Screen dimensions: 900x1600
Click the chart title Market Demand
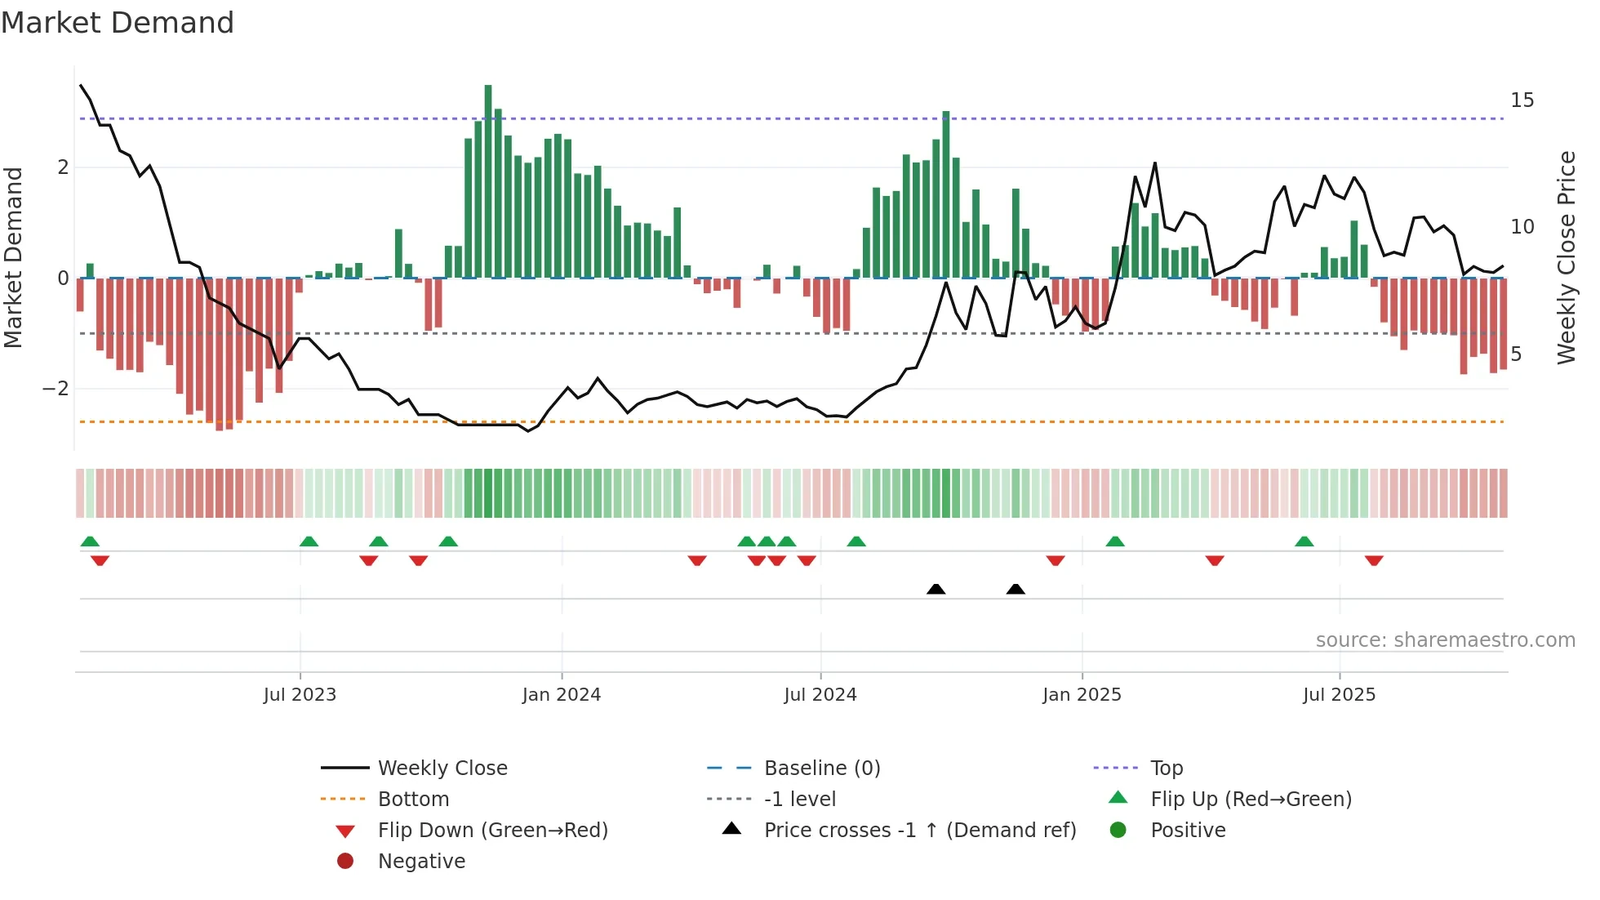pyautogui.click(x=118, y=23)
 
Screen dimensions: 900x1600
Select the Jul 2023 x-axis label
pyautogui.click(x=300, y=695)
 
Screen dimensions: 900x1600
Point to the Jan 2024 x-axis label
pyautogui.click(x=562, y=695)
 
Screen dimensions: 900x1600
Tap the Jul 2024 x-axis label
pyautogui.click(x=820, y=695)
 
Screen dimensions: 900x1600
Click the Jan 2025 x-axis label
pyautogui.click(x=1082, y=695)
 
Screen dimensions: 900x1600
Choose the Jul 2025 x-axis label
pyautogui.click(x=1340, y=695)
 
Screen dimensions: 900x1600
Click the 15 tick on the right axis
pyautogui.click(x=1522, y=100)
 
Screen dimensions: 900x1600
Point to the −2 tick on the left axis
pyautogui.click(x=56, y=389)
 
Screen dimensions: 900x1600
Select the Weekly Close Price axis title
pyautogui.click(x=1566, y=257)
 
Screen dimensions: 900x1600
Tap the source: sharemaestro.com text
pyautogui.click(x=1445, y=640)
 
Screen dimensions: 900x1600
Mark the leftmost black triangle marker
pyautogui.click(x=936, y=590)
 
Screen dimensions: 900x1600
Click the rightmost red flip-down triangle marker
pyautogui.click(x=1374, y=560)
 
